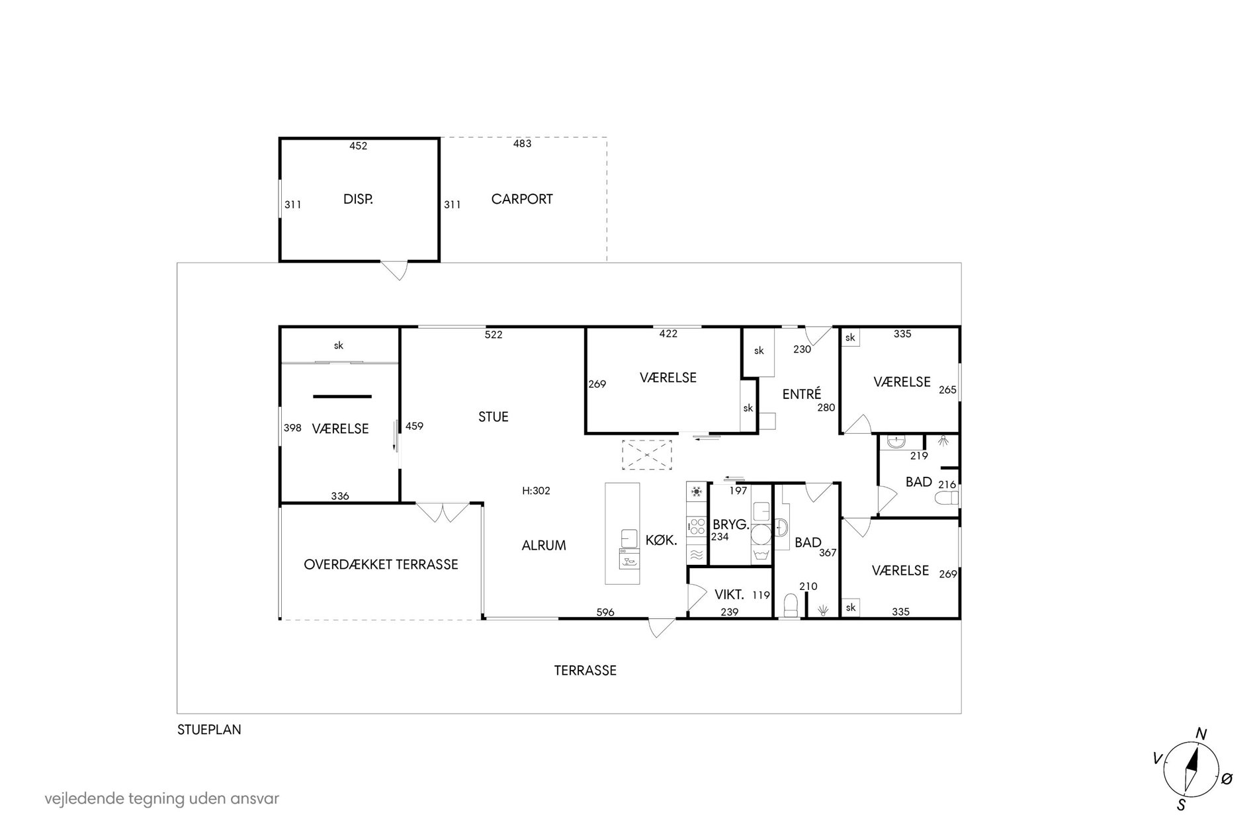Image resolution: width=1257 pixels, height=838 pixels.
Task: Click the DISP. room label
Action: (358, 199)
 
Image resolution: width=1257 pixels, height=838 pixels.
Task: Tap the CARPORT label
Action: (522, 199)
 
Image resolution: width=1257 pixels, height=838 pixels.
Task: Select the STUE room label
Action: (494, 417)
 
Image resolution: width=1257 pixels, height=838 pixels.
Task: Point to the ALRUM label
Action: (544, 546)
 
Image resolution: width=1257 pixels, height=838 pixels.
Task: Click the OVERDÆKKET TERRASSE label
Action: (381, 565)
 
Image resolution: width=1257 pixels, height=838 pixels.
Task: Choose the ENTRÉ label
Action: (802, 394)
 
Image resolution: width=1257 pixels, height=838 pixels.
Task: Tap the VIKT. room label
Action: (730, 595)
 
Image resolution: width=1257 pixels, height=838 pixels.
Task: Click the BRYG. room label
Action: (731, 524)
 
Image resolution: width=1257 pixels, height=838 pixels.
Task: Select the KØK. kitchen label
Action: (662, 540)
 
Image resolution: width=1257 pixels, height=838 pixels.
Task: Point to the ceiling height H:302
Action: (536, 491)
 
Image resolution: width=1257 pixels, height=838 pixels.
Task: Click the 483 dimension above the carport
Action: (522, 144)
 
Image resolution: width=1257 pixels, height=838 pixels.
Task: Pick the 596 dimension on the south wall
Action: (605, 612)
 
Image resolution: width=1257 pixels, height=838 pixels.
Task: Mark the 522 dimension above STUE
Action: (494, 335)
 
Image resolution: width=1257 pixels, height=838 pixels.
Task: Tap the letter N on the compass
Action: (1201, 733)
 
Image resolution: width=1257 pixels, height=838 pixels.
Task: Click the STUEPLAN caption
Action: (209, 730)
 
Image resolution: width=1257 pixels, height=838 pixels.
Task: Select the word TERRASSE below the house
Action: (585, 671)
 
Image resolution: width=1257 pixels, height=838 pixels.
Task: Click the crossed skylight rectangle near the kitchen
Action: (646, 454)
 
